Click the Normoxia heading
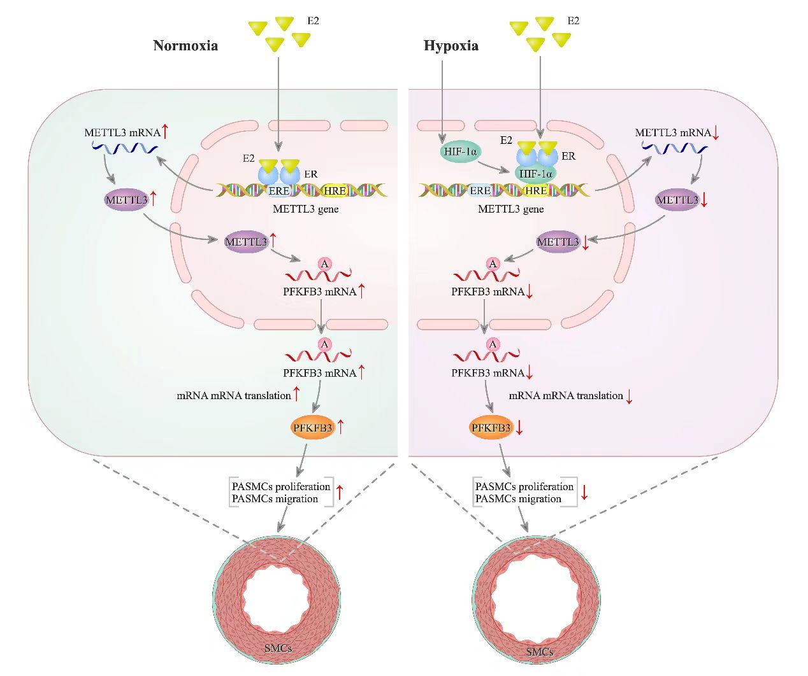pos(185,46)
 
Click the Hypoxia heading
pos(451,46)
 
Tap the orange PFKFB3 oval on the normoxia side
pos(313,428)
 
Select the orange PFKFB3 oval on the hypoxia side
pos(491,428)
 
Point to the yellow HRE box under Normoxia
pos(335,190)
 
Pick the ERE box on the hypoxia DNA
pos(480,190)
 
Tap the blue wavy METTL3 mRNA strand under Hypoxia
pos(674,148)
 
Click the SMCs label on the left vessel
pos(278,648)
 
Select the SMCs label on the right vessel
pos(539,651)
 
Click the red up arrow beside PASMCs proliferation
pos(340,491)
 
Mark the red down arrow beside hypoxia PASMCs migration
pos(583,492)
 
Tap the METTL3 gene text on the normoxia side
pos(306,209)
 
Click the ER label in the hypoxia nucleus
pos(568,156)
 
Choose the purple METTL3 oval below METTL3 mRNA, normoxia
pos(126,200)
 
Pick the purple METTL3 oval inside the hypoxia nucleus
pos(558,242)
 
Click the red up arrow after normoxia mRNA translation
pos(296,394)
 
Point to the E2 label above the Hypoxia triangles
pos(574,21)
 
